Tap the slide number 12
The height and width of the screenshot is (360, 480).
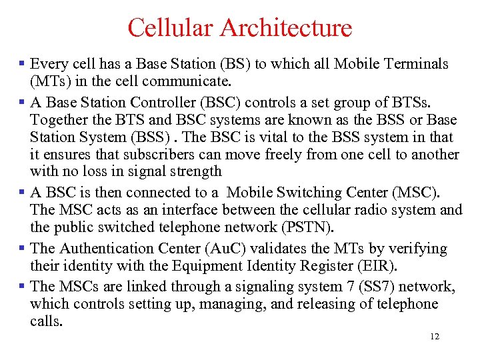tap(435, 337)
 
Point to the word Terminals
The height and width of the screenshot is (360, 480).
tap(419, 64)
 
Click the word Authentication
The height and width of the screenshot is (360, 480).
tap(105, 249)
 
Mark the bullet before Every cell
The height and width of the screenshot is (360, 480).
tap(22, 65)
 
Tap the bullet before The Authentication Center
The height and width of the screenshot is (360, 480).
tap(22, 249)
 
